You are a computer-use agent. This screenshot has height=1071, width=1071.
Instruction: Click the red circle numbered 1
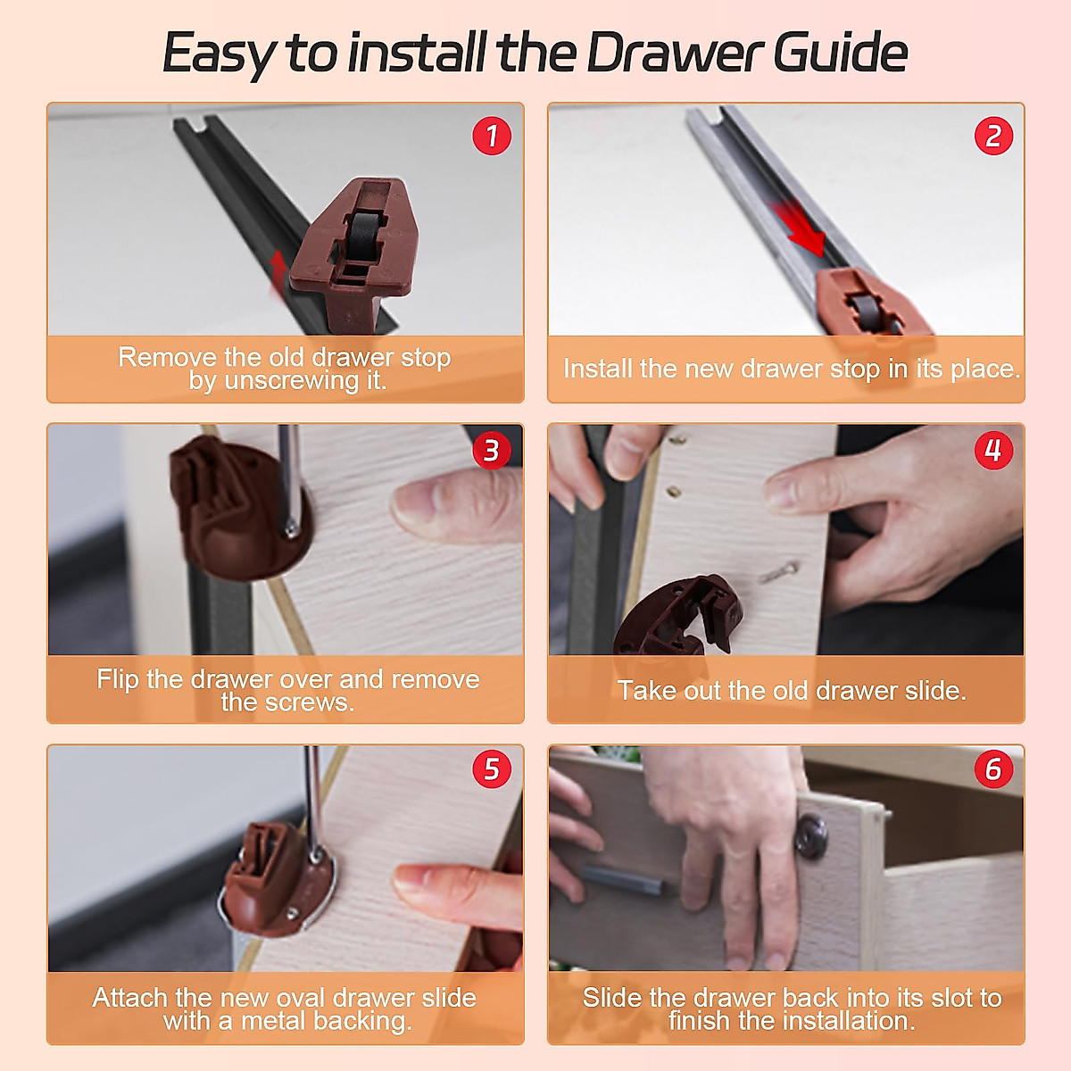tap(491, 136)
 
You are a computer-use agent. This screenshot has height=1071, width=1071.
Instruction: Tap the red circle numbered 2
tap(993, 136)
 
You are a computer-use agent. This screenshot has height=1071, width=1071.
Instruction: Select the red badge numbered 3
tap(491, 450)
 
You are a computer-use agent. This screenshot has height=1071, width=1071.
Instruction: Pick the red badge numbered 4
tap(993, 450)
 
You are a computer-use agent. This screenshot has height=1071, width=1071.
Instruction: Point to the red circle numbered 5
tap(491, 769)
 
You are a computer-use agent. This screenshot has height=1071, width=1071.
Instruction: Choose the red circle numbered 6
tap(993, 769)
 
